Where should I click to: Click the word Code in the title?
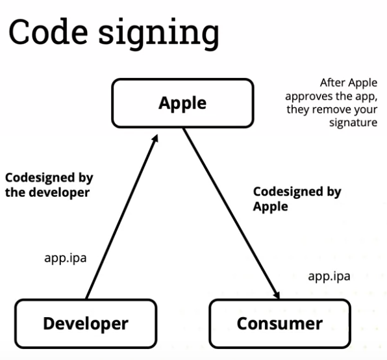point(48,32)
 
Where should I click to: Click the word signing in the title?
point(159,34)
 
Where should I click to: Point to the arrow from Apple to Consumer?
point(231,214)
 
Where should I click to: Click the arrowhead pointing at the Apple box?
point(155,138)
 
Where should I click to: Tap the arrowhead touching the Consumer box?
point(277,295)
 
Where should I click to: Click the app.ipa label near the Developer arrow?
point(66,259)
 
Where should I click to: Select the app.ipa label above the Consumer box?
point(329,277)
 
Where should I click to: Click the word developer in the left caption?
point(59,192)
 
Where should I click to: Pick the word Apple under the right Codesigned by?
point(271,207)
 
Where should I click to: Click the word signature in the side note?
point(353,123)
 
